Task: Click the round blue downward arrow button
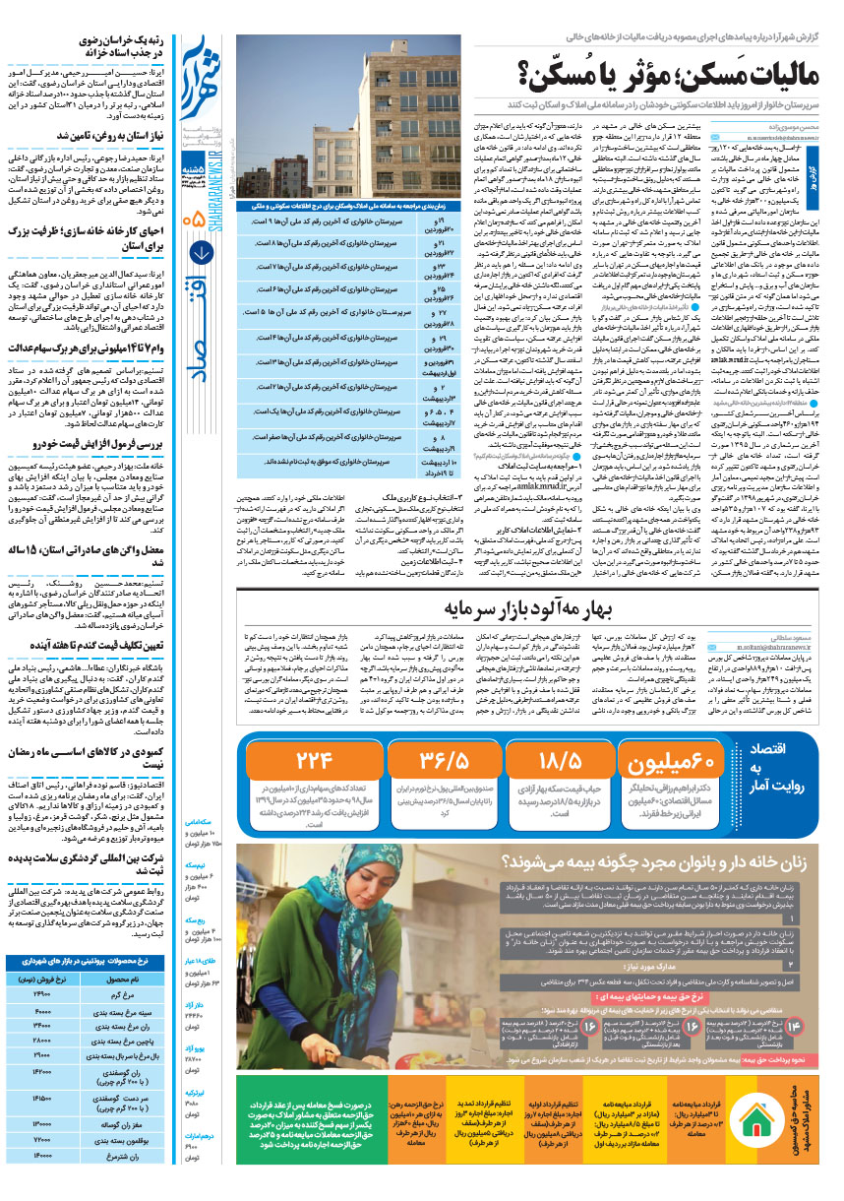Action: [201, 252]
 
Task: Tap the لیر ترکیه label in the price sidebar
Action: [196, 1093]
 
